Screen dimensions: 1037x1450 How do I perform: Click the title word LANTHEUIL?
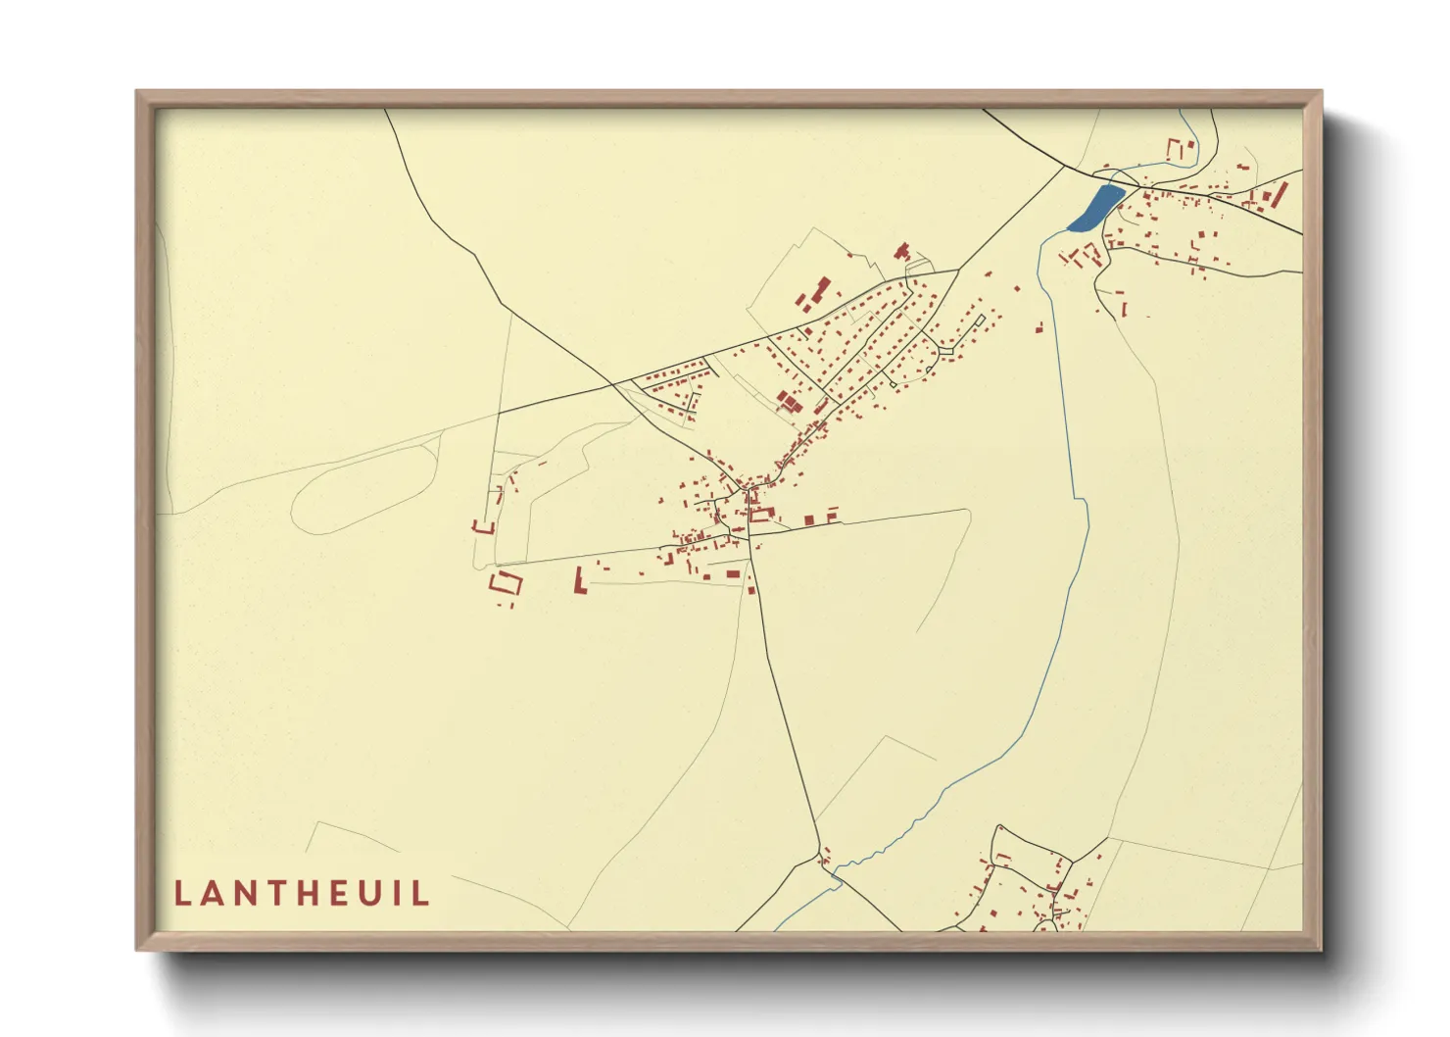302,894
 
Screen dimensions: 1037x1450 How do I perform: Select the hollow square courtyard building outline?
506,584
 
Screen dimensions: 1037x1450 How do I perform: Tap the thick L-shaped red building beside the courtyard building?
579,580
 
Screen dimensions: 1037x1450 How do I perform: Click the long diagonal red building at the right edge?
1280,193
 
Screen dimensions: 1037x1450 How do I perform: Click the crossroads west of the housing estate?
614,383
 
